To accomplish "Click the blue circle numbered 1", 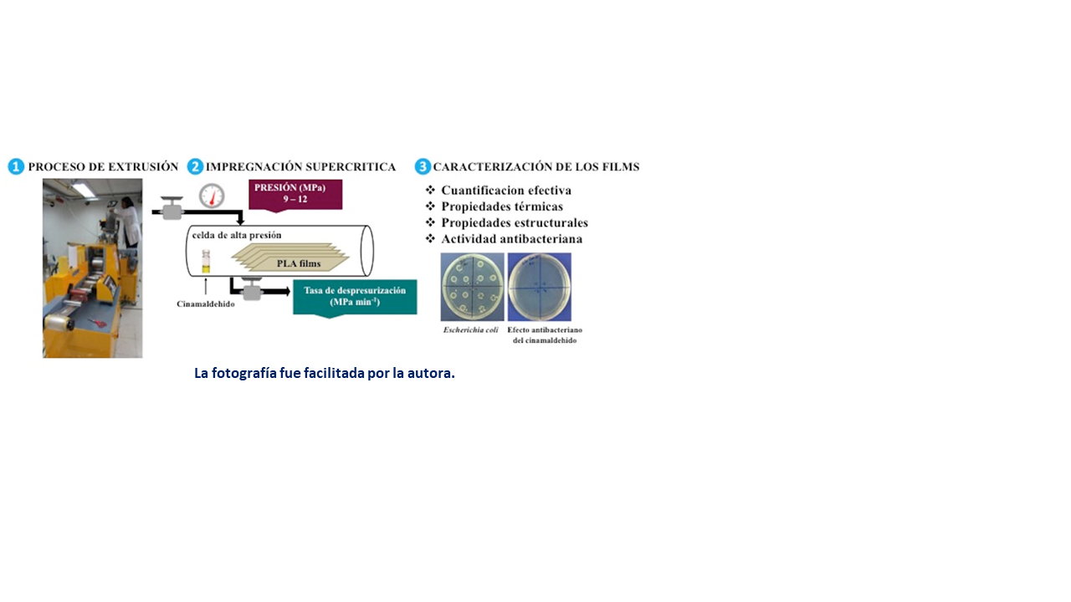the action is point(16,166).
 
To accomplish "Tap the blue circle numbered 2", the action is point(195,166).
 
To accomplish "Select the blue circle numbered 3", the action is point(423,166).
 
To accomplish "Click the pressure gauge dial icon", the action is point(212,196).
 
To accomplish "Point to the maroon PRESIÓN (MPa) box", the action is point(295,196).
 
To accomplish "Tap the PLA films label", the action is point(299,263).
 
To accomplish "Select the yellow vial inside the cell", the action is point(206,262).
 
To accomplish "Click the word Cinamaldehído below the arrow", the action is point(206,304).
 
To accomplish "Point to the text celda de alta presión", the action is point(237,235).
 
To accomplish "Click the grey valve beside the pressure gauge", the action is point(172,208).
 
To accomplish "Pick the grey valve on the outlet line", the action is point(252,289).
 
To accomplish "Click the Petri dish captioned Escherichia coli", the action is point(473,287).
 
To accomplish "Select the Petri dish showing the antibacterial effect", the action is point(540,287).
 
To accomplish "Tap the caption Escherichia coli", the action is point(470,330).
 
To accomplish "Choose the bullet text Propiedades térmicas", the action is point(502,207).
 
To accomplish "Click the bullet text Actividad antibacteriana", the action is point(511,239).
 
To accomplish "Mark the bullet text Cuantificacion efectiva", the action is point(506,190).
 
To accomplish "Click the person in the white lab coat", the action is point(128,221).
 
